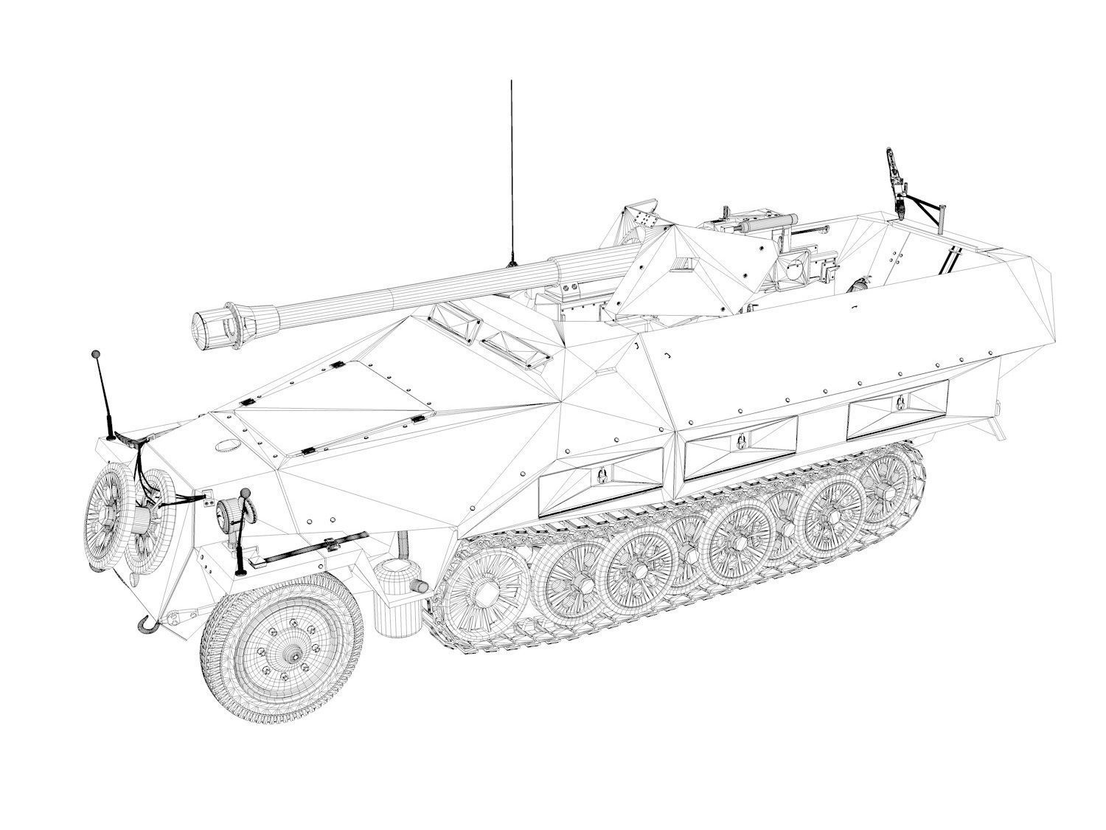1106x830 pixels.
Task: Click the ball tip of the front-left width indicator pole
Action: coord(95,356)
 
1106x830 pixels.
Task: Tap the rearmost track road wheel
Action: coord(888,489)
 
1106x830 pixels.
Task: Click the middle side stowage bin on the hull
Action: coord(740,444)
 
